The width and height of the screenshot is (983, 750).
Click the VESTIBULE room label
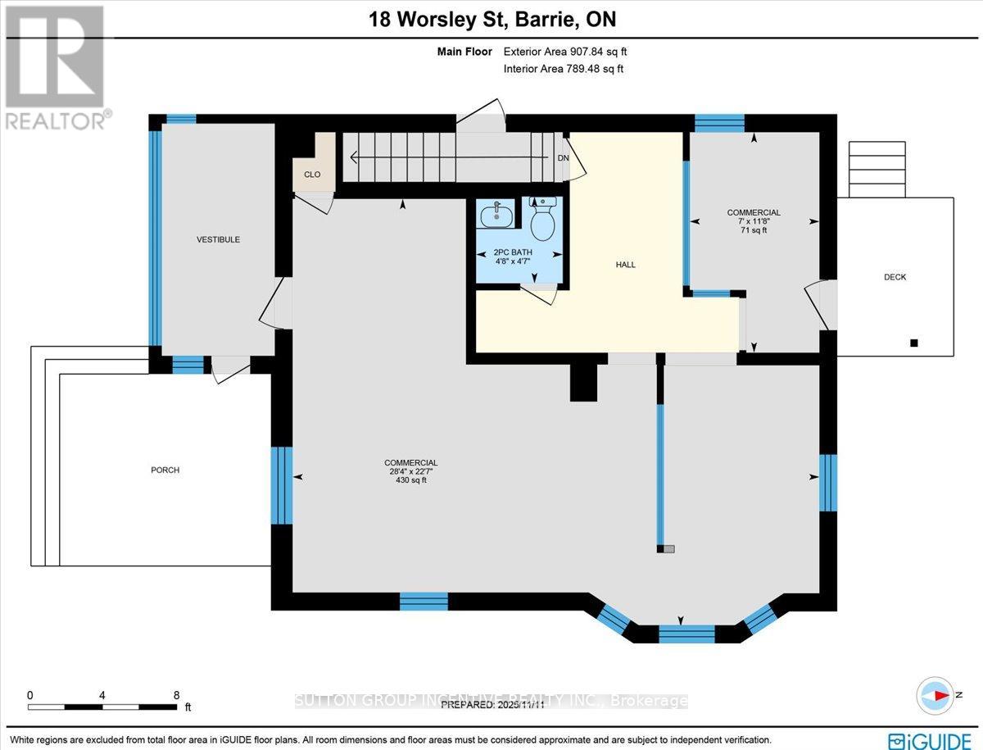tap(218, 239)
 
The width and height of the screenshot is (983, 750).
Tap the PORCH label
tap(165, 470)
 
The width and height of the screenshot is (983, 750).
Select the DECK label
tap(895, 277)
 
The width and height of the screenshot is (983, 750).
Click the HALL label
tap(626, 265)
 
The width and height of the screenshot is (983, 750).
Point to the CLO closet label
tap(312, 175)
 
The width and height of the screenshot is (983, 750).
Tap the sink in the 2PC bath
tap(496, 216)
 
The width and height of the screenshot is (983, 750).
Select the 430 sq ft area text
tap(411, 480)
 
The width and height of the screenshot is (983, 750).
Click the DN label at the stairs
tap(563, 157)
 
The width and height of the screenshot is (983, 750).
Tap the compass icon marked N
tap(934, 695)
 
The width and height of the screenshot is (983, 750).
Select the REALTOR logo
tap(54, 66)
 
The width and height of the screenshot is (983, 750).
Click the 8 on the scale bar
tap(176, 694)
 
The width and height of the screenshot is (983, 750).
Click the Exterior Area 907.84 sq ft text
tap(565, 52)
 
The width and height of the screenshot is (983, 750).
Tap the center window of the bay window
tap(686, 633)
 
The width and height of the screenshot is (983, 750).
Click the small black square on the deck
tap(914, 343)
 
